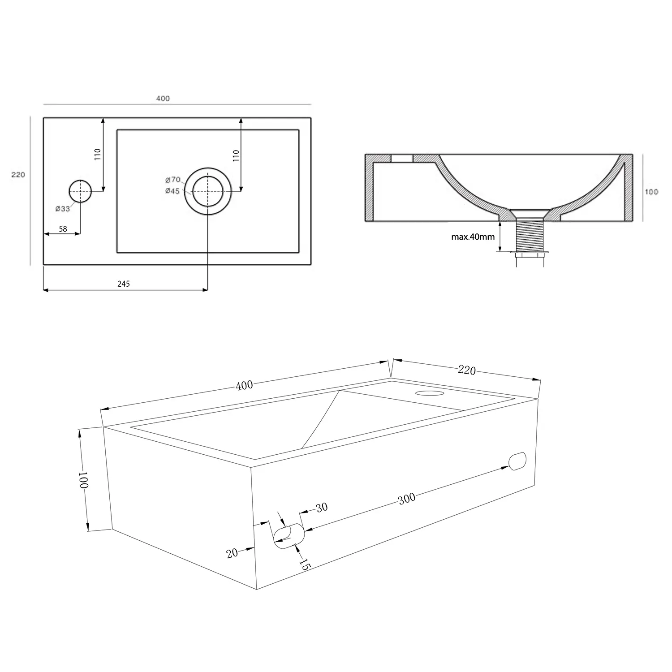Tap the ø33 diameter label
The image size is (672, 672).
63,209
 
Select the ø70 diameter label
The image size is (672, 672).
172,180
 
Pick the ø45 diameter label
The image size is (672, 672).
172,191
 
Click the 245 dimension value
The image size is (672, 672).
123,284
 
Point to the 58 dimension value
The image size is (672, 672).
63,229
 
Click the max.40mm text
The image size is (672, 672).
473,237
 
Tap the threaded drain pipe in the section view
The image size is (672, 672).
530,236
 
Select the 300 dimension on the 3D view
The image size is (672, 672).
407,499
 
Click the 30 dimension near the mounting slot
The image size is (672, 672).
322,508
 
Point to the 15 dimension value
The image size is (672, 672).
305,564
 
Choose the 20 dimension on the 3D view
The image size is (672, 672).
232,553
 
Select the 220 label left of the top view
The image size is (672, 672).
18,175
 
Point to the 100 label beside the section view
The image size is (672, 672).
651,192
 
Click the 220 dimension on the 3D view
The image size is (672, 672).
467,370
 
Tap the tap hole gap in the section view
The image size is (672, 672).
402,158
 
